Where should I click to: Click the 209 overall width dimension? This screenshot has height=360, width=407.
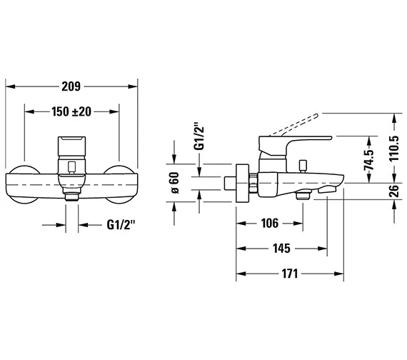pos(71,86)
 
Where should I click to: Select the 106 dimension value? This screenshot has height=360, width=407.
pos(269,224)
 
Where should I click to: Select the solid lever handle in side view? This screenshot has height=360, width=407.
pos(300,138)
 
